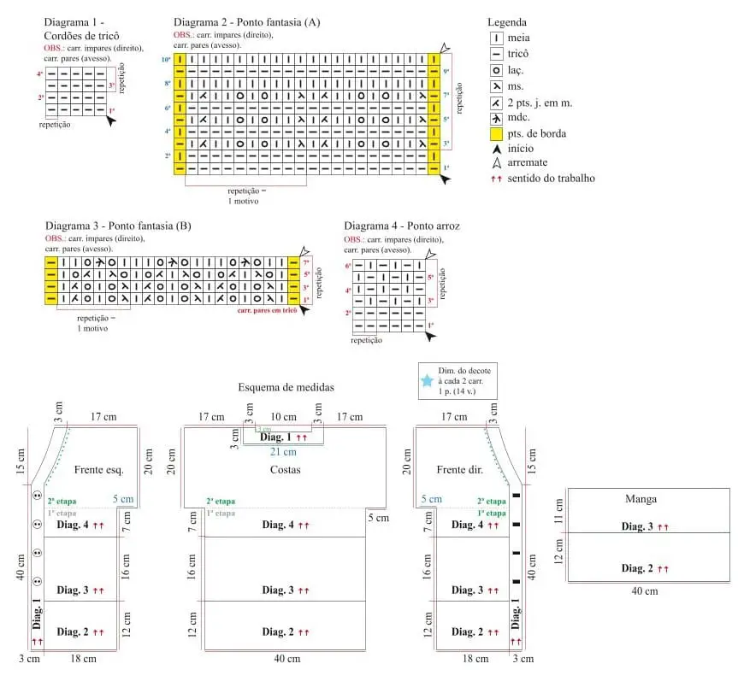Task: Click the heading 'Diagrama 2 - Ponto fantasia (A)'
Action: [246, 22]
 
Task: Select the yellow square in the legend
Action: [495, 134]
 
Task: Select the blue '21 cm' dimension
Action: [284, 451]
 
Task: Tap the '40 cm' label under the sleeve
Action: [644, 590]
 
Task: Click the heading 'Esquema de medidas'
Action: [286, 387]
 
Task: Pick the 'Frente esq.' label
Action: [99, 469]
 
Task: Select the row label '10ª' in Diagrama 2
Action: [166, 60]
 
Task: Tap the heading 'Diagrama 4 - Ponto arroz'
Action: [402, 226]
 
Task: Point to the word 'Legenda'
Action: [506, 22]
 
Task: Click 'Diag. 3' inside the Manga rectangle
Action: [639, 526]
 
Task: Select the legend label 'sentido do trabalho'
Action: [551, 179]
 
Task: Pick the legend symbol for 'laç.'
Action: [495, 70]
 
